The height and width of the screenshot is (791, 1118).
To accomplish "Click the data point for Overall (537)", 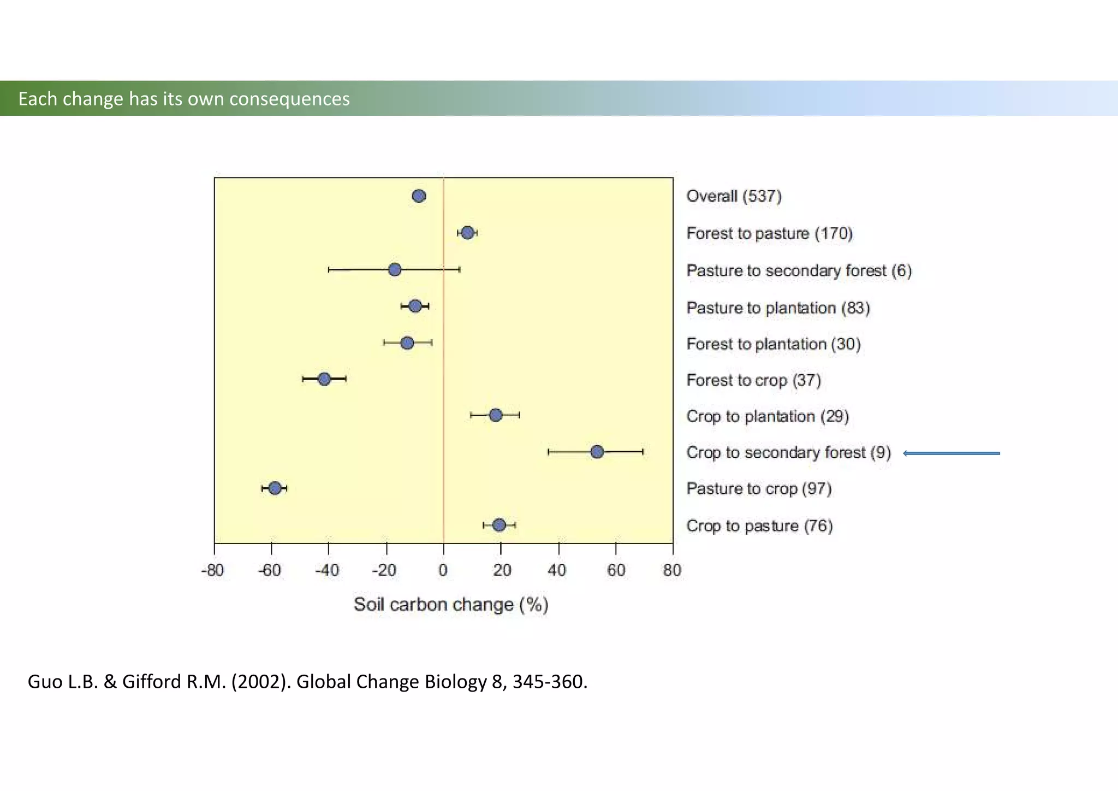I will click(419, 196).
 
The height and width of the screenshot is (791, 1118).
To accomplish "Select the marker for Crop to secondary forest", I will click(597, 452).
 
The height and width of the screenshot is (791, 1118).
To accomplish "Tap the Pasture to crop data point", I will click(275, 488).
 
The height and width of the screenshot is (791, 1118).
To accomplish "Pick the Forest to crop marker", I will click(324, 379).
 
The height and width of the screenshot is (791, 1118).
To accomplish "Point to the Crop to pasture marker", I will click(499, 525).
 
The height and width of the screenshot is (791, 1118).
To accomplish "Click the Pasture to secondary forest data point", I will click(395, 269).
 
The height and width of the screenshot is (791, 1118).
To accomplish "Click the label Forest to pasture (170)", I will click(769, 233).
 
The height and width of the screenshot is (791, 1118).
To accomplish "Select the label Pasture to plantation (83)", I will click(777, 308).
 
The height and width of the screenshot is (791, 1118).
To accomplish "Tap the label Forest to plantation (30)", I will click(773, 344).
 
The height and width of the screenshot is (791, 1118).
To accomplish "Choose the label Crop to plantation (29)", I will click(767, 416).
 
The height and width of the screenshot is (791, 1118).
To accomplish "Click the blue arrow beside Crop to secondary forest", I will click(952, 453).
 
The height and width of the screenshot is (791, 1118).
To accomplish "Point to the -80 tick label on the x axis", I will click(212, 570).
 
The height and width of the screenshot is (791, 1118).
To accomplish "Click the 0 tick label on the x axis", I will click(443, 570).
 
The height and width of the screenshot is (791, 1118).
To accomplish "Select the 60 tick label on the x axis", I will click(616, 570).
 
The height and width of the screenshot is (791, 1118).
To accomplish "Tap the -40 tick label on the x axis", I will click(327, 570).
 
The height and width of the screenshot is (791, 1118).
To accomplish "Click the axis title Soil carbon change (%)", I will click(450, 604).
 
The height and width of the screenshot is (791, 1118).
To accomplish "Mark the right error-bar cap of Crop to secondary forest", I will click(643, 452).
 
